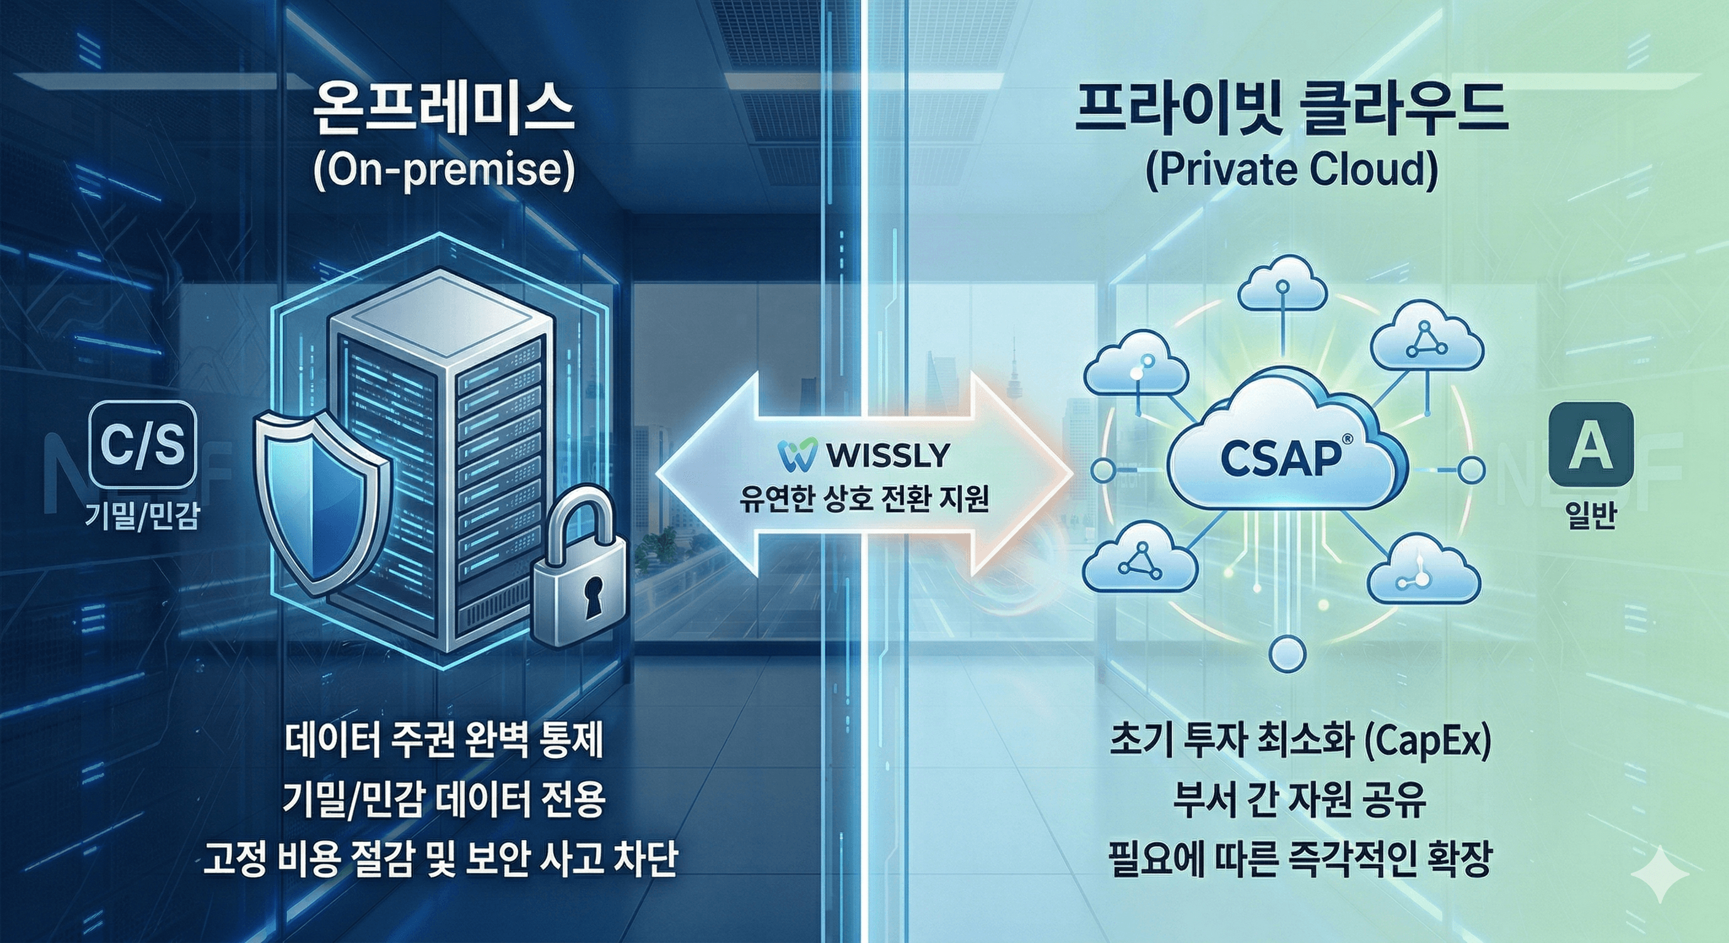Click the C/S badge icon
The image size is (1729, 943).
point(142,444)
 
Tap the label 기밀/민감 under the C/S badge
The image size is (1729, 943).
point(142,516)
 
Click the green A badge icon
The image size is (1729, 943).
point(1590,444)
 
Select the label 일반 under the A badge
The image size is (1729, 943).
point(1590,516)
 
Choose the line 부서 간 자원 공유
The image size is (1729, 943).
point(1299,799)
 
